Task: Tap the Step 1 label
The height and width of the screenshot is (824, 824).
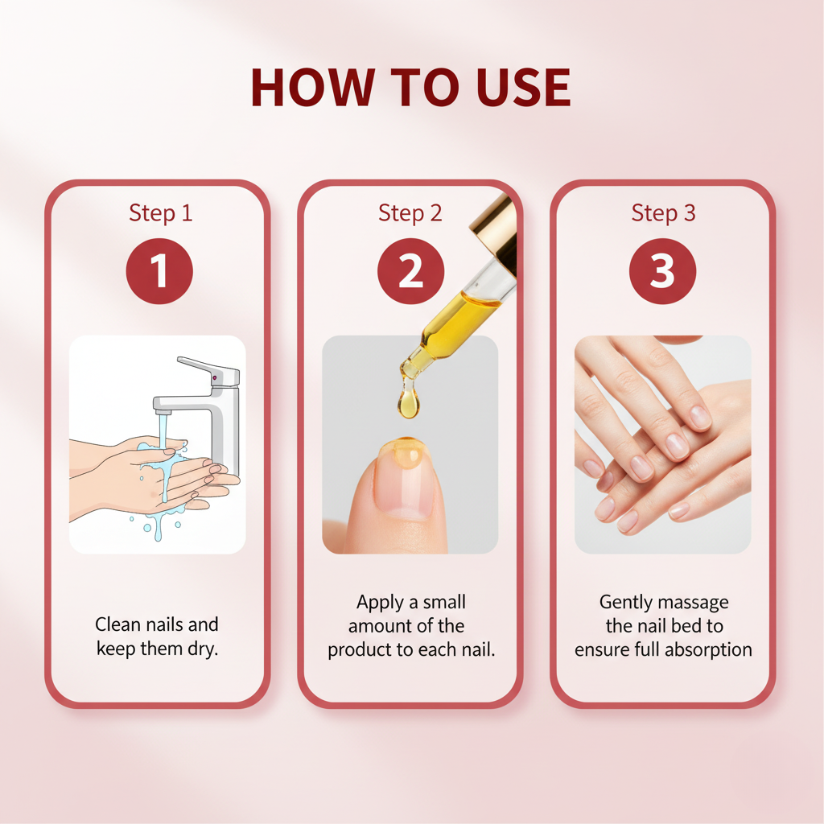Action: (x=160, y=213)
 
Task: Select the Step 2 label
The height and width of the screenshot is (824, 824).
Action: (x=410, y=213)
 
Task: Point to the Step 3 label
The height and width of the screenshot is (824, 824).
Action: (x=663, y=213)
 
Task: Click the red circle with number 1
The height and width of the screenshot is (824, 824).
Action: (x=159, y=271)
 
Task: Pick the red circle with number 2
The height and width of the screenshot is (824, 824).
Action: (x=410, y=271)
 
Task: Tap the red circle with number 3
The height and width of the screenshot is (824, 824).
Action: (x=662, y=271)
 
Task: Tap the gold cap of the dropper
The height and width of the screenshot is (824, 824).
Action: (x=494, y=229)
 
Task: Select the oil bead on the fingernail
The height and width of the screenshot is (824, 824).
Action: (x=404, y=452)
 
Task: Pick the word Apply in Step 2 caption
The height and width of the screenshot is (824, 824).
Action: (x=381, y=602)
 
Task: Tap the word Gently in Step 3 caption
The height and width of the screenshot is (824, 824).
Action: (x=625, y=602)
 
